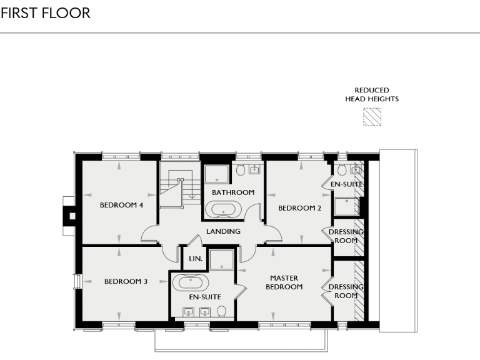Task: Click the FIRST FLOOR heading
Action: [46, 13]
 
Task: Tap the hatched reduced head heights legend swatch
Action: [372, 117]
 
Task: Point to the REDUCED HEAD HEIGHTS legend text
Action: [372, 94]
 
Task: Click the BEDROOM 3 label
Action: [126, 281]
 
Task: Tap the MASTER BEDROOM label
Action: [284, 282]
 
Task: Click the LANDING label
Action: [223, 231]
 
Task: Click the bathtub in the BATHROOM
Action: [223, 209]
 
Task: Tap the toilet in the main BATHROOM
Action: [241, 169]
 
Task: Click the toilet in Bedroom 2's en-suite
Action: [342, 170]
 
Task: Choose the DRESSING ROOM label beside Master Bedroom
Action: [346, 291]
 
